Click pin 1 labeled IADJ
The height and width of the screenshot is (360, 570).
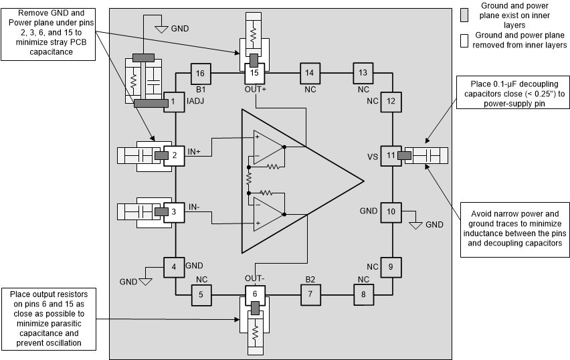click(x=174, y=102)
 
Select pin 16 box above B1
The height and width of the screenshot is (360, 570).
click(x=201, y=72)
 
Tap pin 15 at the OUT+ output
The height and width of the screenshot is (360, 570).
click(x=254, y=72)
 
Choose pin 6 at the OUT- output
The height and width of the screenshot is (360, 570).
click(x=254, y=293)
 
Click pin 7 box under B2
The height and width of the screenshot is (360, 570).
click(x=309, y=293)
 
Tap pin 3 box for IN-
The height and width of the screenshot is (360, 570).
click(x=174, y=211)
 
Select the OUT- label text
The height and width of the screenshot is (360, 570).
click(x=254, y=278)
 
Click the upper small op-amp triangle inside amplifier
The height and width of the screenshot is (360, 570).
click(x=268, y=147)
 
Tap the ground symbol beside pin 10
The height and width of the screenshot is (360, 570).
click(x=415, y=224)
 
